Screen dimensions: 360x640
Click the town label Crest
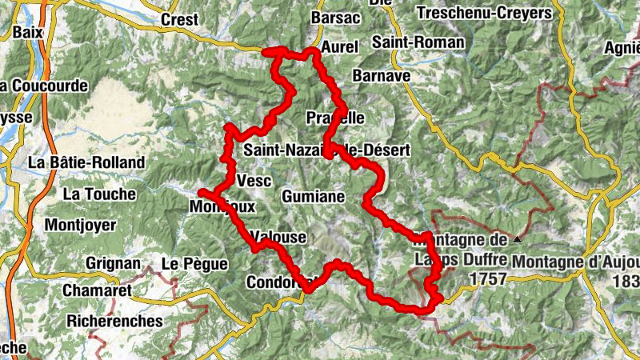(x=179, y=19)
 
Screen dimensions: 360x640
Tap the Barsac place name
(x=338, y=18)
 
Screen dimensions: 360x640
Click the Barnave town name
(x=381, y=74)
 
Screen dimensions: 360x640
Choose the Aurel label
(x=338, y=46)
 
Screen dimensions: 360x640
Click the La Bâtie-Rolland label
(x=86, y=162)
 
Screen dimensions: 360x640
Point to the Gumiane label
(x=313, y=196)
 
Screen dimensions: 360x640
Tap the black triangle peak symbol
(x=518, y=238)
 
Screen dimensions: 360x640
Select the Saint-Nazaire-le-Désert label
(x=326, y=150)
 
